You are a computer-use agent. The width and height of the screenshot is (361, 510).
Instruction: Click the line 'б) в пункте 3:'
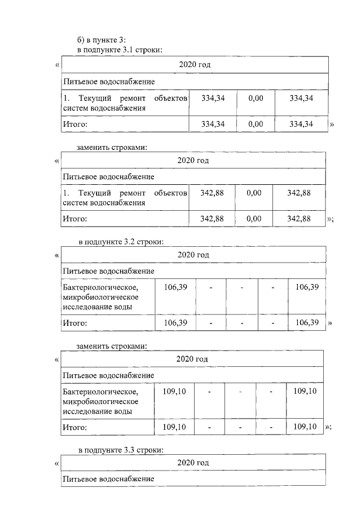tap(102, 39)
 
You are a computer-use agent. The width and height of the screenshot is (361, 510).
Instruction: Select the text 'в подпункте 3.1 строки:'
tap(120, 50)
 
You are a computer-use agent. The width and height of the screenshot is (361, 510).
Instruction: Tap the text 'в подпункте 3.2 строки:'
tap(121, 242)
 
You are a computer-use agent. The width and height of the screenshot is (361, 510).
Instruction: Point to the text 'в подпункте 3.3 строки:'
tap(121, 450)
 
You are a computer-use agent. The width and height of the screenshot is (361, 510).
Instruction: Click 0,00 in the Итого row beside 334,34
tap(256, 124)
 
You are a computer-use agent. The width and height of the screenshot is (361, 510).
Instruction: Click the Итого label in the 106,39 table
tap(74, 323)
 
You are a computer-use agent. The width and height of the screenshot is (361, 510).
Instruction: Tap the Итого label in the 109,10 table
tap(74, 428)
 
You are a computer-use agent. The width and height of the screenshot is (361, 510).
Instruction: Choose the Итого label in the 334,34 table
tap(74, 124)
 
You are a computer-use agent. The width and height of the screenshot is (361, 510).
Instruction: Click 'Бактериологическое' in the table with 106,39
tap(100, 288)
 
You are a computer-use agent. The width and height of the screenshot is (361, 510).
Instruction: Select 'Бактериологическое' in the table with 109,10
tap(100, 392)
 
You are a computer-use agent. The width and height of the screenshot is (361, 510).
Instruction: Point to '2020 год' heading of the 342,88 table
tap(193, 160)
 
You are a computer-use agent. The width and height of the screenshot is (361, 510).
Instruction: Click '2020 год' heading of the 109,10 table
tap(192, 359)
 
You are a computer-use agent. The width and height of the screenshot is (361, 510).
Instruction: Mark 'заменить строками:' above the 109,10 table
tap(112, 346)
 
